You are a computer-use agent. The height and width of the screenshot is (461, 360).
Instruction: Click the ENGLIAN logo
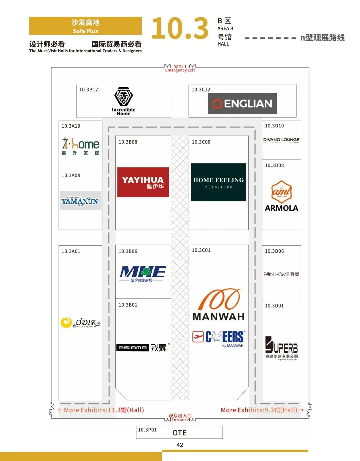(242, 104)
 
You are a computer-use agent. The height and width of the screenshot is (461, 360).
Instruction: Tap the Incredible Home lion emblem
(124, 97)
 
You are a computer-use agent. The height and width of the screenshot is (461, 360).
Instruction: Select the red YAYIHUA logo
(143, 182)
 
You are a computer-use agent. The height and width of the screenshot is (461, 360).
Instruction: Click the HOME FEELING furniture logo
(218, 182)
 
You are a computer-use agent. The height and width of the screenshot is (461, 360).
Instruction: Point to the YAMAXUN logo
(80, 201)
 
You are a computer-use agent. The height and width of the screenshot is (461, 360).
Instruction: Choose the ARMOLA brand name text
(281, 208)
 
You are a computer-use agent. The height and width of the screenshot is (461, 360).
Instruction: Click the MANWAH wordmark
(218, 316)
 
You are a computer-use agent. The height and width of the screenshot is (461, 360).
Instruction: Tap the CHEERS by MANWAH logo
(219, 338)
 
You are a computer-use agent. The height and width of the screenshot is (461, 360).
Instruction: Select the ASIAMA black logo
(132, 348)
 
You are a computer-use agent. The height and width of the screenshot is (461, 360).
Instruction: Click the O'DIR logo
(80, 323)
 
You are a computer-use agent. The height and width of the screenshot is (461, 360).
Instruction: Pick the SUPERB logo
(281, 347)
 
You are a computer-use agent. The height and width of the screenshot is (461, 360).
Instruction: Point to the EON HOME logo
(281, 274)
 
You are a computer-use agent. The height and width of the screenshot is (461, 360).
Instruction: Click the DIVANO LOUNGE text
(281, 140)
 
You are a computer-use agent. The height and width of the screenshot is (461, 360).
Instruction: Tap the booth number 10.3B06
(128, 251)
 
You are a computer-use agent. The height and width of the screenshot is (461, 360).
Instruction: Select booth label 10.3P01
(147, 430)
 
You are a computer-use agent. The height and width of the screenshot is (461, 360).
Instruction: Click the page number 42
(180, 445)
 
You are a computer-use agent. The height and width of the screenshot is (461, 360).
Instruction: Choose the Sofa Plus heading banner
(85, 26)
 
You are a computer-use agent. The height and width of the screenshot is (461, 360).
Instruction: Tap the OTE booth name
(179, 433)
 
